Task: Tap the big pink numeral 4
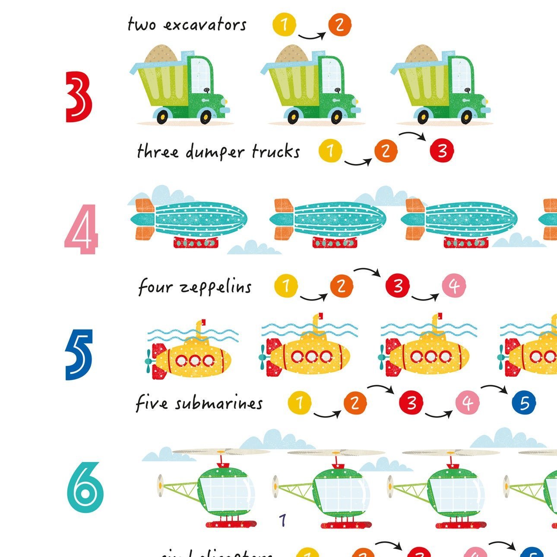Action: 82,229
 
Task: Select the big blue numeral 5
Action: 79,354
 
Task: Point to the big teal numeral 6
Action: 85,487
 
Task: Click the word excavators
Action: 205,25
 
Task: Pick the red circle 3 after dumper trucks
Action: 442,151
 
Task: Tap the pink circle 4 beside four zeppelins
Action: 454,285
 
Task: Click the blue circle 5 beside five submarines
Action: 524,402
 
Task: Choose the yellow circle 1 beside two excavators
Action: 284,24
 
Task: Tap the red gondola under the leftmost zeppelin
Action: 195,242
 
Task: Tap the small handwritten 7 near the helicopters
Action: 283,520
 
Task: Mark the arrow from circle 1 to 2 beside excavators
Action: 312,36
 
